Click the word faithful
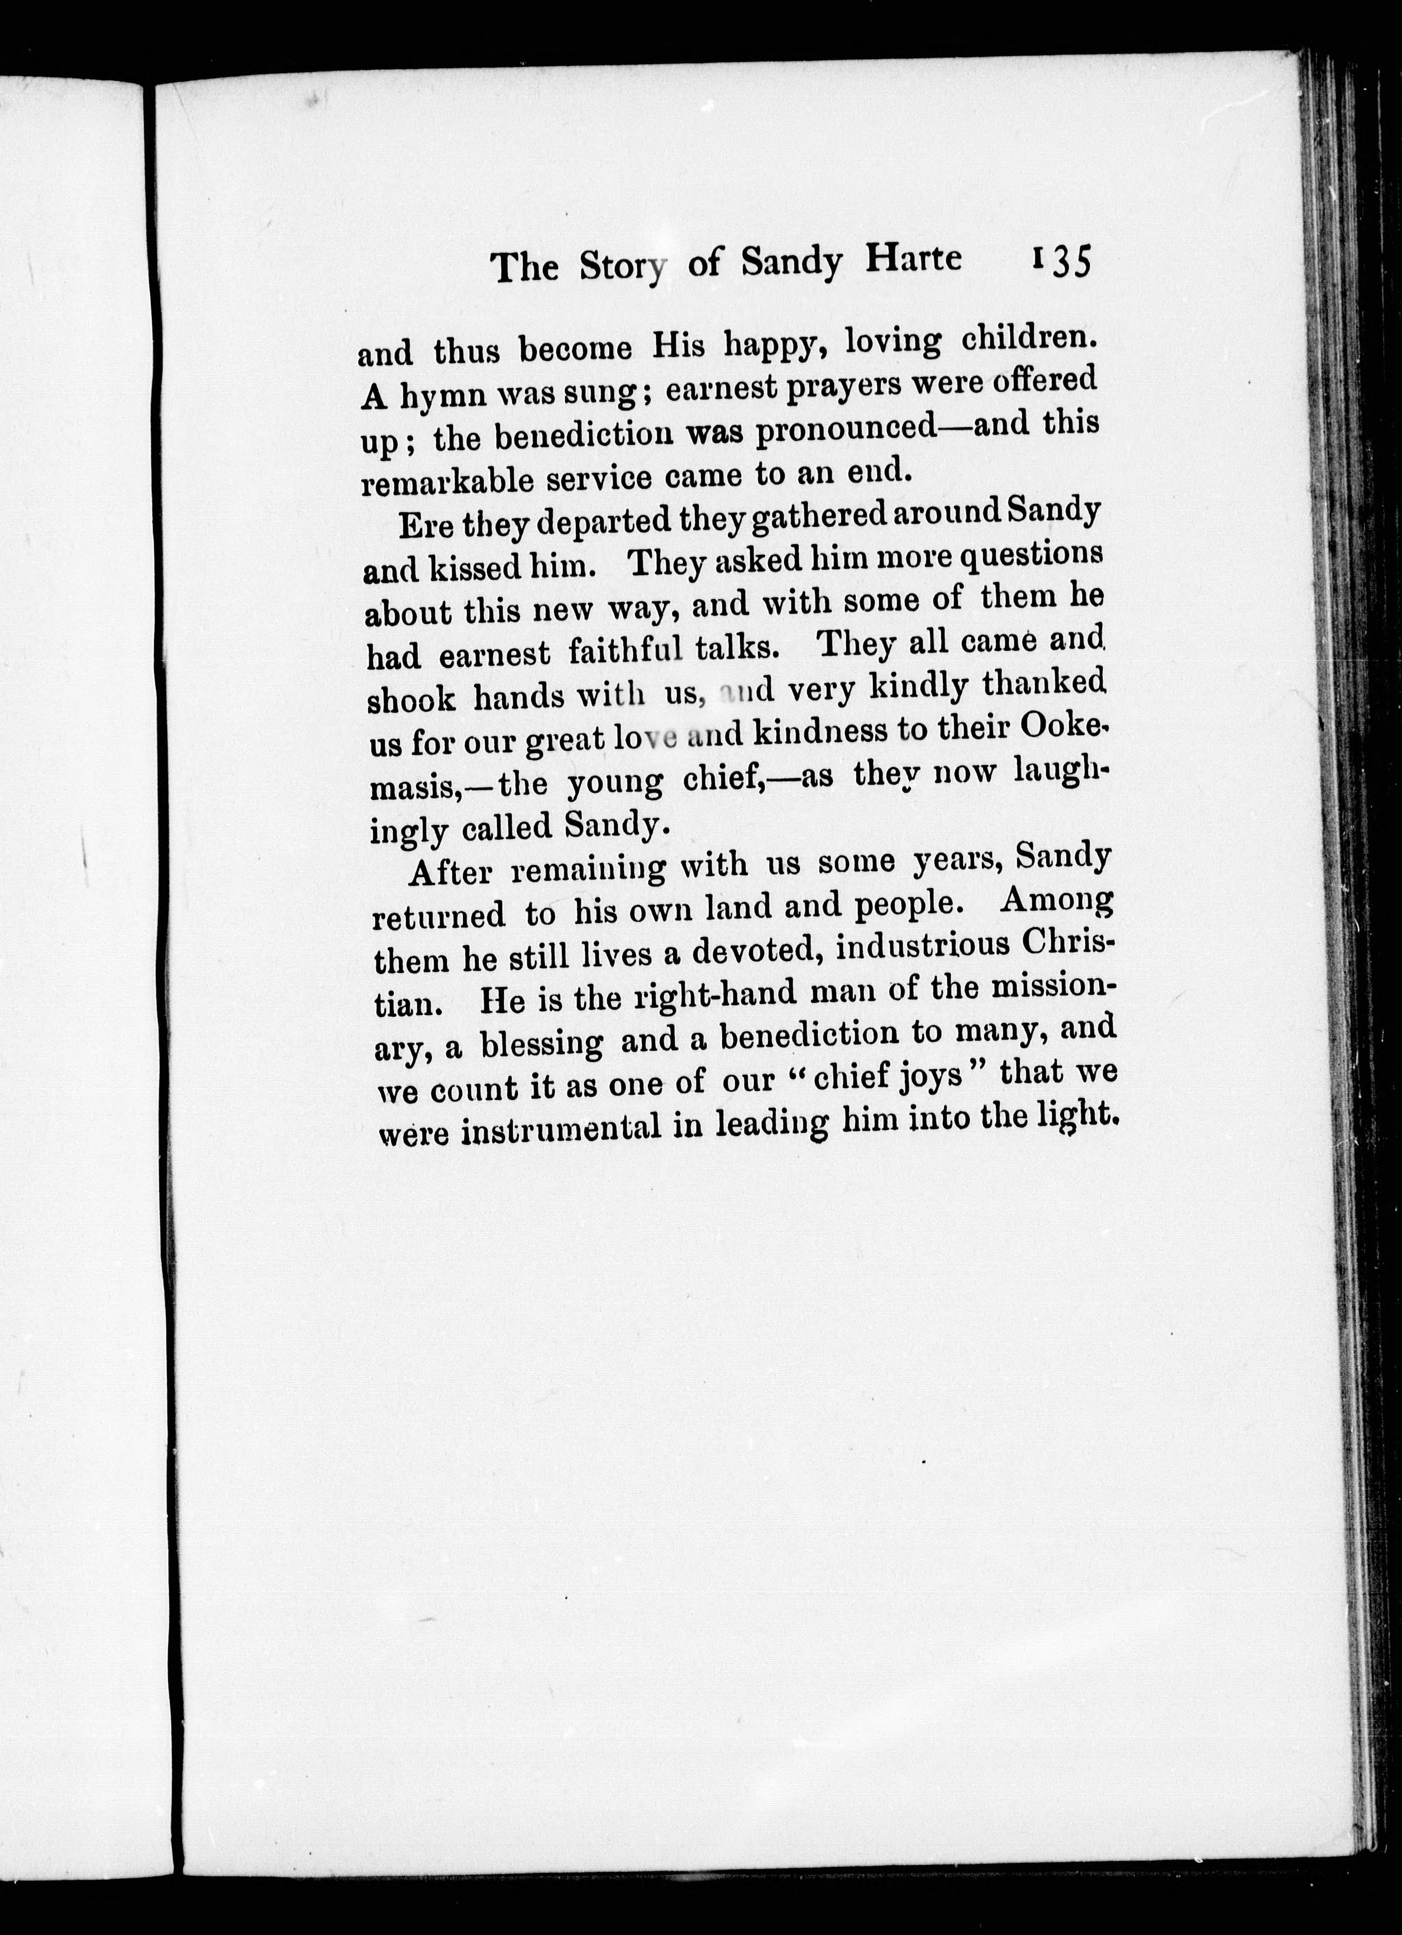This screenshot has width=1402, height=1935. [626, 652]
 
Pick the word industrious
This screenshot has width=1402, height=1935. [924, 948]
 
